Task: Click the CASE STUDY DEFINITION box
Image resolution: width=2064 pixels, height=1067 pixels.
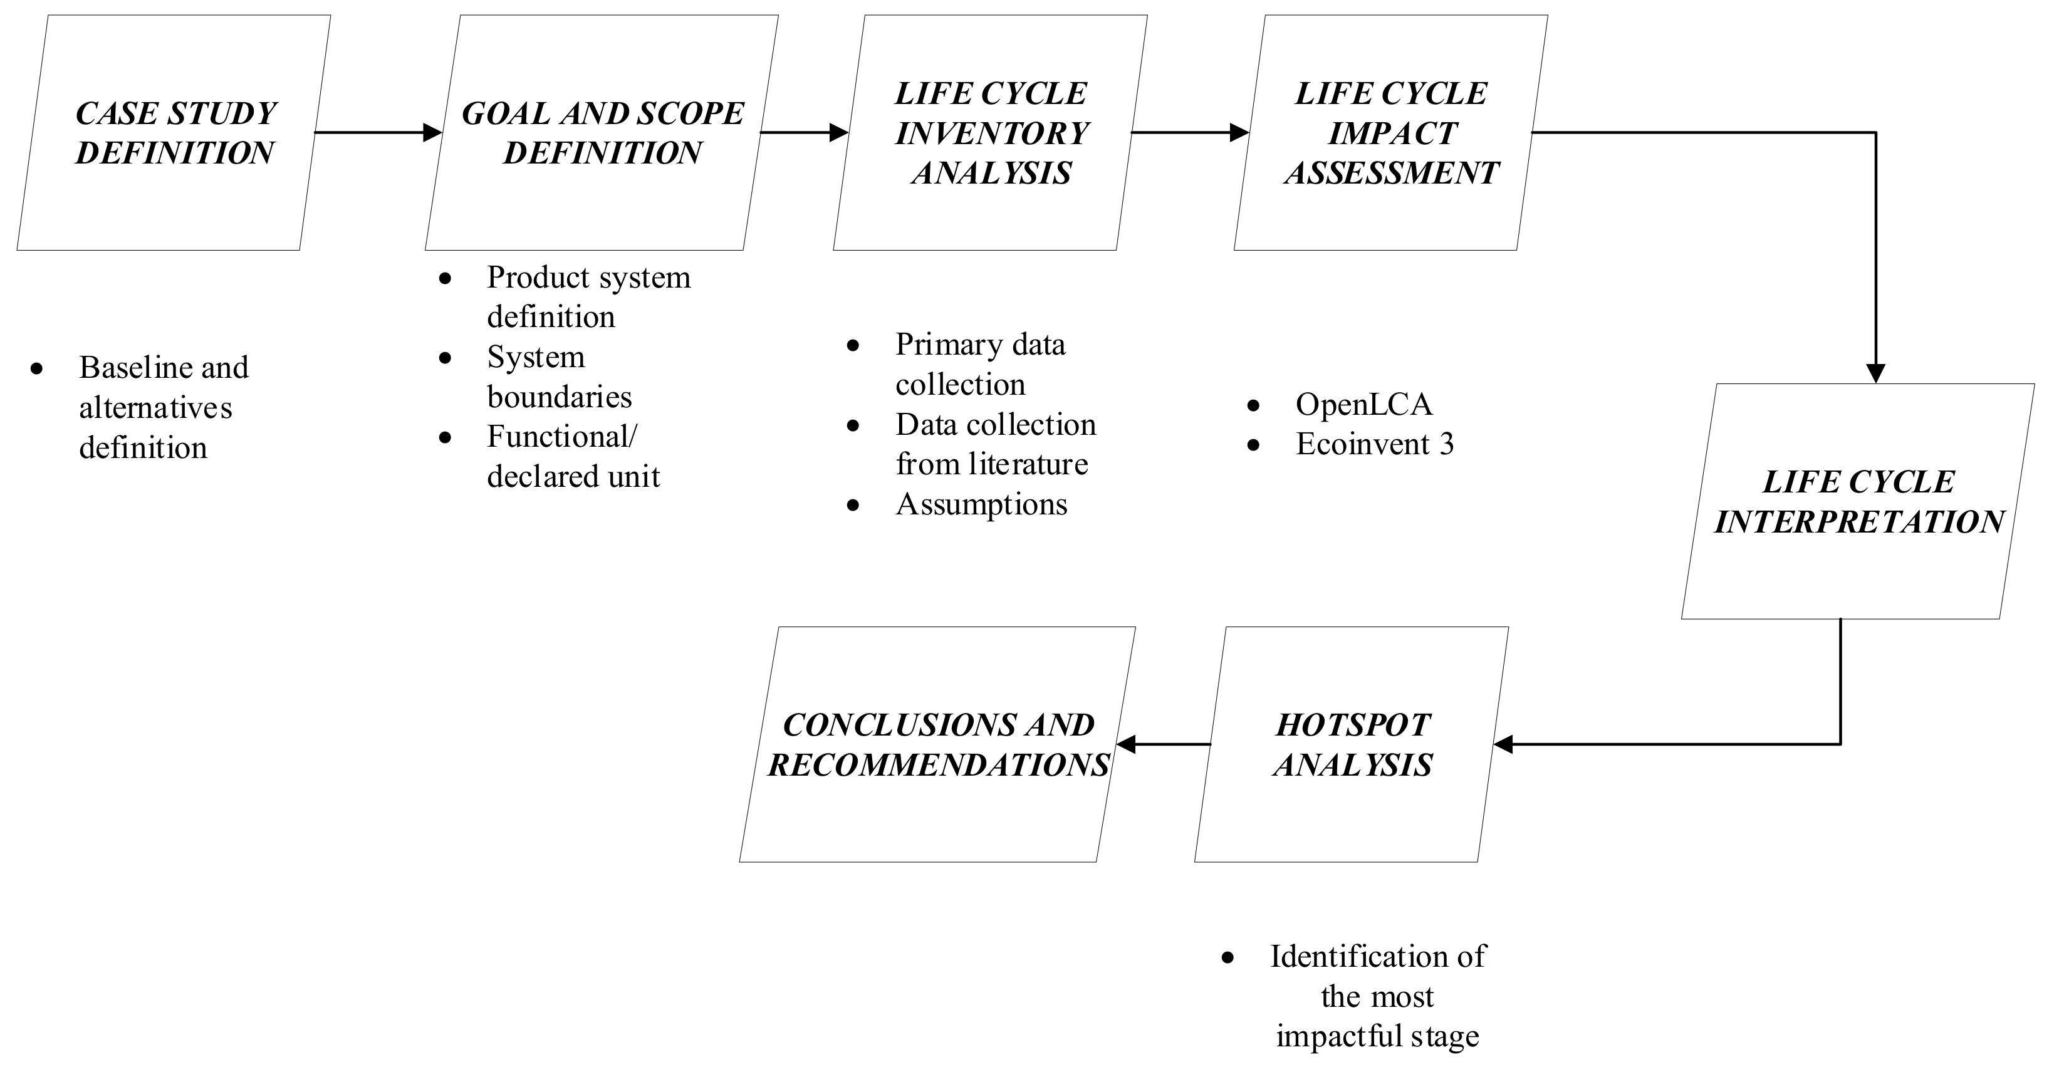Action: click(174, 133)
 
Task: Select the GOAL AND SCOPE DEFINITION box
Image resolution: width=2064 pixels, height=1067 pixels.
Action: click(602, 133)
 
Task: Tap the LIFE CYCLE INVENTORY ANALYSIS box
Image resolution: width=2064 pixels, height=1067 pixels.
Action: click(991, 133)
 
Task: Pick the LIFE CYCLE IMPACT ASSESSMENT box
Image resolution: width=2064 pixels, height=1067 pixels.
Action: click(1391, 133)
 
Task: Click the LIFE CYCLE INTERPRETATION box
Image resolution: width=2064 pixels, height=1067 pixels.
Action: click(1857, 501)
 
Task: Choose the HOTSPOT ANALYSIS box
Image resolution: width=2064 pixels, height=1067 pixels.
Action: click(1352, 744)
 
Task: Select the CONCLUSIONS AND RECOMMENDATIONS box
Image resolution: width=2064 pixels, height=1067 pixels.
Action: click(937, 744)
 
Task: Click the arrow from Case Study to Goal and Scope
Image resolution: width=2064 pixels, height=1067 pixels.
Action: click(377, 132)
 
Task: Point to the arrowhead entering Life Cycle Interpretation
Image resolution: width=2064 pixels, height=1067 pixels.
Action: click(1875, 373)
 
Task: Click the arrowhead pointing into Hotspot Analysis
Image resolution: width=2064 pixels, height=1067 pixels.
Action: click(1504, 744)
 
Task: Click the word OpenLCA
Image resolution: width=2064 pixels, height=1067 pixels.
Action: click(1363, 405)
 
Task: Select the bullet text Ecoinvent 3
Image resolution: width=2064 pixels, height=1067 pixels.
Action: click(1374, 445)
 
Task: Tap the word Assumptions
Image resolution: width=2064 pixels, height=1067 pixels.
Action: click(981, 504)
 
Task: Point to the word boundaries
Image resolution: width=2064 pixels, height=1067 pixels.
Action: click(560, 397)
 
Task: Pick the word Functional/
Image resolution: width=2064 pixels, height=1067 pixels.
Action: click(561, 437)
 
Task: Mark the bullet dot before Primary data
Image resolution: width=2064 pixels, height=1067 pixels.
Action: click(853, 346)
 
